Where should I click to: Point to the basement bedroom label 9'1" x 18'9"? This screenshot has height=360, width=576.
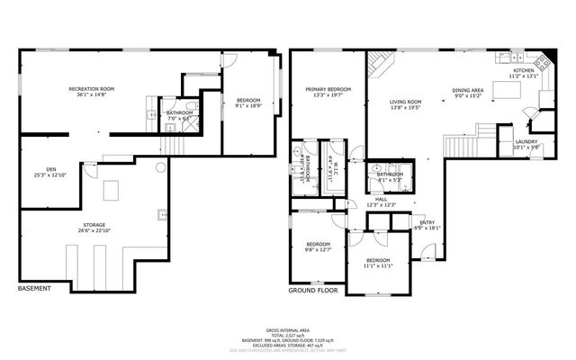click(248, 102)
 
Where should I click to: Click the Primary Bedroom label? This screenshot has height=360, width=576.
click(327, 92)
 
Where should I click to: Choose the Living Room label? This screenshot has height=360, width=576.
click(405, 104)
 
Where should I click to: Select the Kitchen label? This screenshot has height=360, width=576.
click(524, 73)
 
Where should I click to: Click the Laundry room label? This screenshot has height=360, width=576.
click(526, 144)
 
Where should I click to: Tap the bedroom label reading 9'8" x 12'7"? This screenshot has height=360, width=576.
click(319, 247)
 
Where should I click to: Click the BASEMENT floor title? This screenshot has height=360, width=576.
click(35, 289)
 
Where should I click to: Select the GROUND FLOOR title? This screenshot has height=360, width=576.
click(311, 292)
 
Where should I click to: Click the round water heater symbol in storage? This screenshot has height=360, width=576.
click(160, 166)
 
